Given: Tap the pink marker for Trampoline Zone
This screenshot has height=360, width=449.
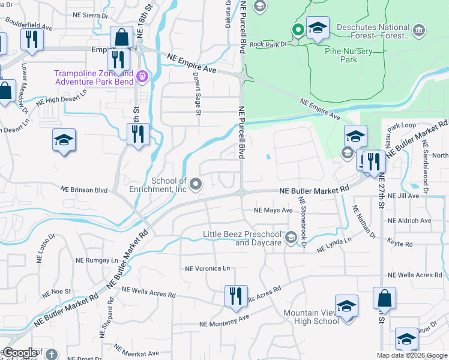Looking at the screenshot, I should [142, 76].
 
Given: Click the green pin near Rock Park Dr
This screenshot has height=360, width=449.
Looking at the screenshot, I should [297, 29].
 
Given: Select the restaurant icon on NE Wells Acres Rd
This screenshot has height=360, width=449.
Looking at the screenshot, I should [234, 296].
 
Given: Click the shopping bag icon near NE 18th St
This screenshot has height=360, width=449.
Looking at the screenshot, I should [121, 37].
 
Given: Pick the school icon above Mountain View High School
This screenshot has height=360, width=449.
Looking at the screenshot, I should [346, 305].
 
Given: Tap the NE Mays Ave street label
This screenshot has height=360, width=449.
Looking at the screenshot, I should [273, 211].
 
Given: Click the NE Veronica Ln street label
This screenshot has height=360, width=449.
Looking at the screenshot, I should [207, 269].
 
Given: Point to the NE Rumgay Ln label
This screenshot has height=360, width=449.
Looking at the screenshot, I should [97, 260].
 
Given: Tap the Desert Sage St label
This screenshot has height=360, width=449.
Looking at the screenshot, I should [197, 92].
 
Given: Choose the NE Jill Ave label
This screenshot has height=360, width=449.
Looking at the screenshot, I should [408, 196].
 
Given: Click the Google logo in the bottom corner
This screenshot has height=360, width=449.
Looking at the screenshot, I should [19, 353].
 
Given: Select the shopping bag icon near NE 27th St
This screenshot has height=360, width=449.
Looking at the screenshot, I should [384, 298].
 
